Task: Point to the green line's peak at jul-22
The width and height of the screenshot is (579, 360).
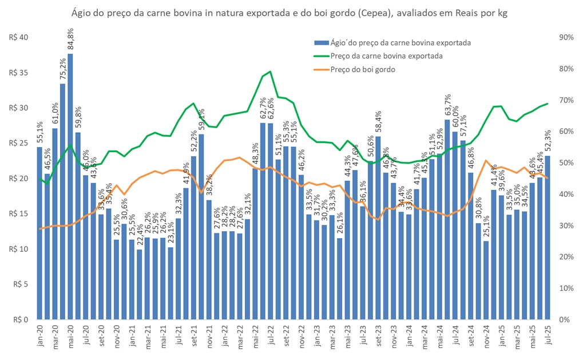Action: (270, 72)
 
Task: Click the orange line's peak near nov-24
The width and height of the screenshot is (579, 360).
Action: (486, 160)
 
